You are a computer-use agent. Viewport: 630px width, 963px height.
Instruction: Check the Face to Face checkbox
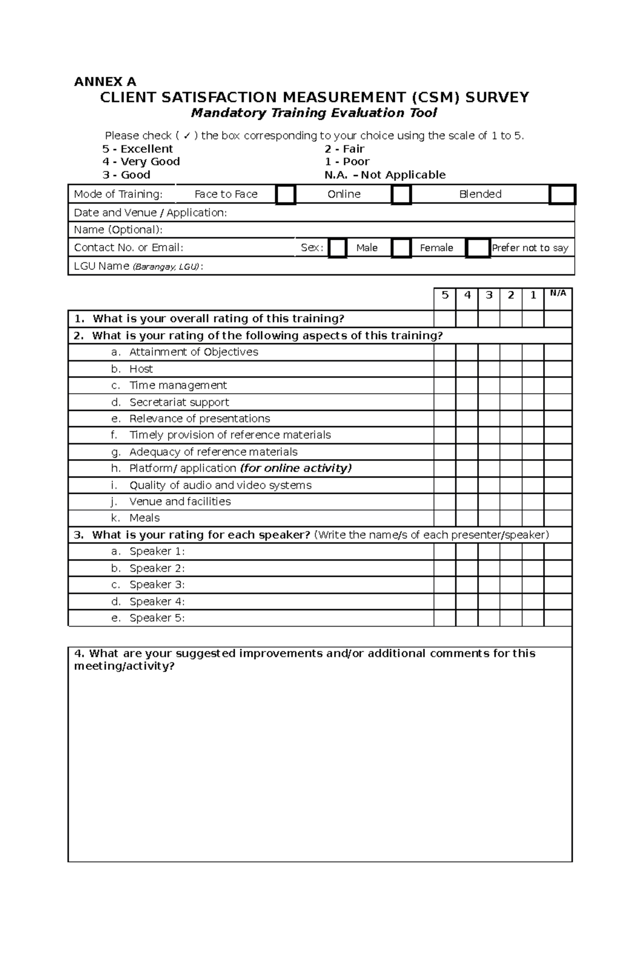point(286,195)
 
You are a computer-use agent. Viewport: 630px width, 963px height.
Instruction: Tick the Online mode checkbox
point(401,195)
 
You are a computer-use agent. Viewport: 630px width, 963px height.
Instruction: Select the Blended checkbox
point(562,195)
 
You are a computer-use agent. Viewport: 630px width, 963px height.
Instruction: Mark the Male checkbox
point(338,248)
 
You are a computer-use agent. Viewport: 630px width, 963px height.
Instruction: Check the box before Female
point(401,248)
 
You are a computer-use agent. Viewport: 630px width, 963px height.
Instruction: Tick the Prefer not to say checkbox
point(477,248)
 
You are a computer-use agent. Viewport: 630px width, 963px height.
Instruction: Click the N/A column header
point(558,294)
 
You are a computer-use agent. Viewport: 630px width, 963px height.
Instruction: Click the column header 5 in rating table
point(445,295)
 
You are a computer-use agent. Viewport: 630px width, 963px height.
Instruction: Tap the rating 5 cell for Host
point(445,369)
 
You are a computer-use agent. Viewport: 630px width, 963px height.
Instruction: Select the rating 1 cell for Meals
point(533,518)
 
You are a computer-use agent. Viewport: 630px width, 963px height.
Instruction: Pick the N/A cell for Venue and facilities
point(558,501)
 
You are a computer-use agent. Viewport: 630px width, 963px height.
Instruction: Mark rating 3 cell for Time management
point(489,385)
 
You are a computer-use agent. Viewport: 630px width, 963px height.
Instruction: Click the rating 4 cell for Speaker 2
point(467,568)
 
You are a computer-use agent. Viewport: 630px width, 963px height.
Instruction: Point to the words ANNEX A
point(105,82)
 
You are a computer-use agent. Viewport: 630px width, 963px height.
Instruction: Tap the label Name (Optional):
point(118,230)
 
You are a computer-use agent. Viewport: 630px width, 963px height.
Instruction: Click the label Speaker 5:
point(157,618)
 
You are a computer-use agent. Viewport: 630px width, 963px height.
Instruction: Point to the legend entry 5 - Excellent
point(138,149)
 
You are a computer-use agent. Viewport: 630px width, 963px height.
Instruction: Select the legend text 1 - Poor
point(347,162)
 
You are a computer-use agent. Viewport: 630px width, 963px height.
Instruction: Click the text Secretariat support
point(179,402)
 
